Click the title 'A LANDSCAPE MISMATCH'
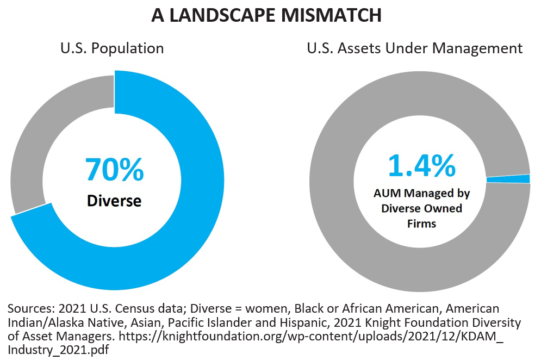pyautogui.click(x=266, y=15)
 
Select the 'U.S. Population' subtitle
pyautogui.click(x=111, y=48)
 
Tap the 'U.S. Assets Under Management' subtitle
pyautogui.click(x=414, y=48)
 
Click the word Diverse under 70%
pyautogui.click(x=114, y=201)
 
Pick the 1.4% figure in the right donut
pyautogui.click(x=421, y=166)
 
